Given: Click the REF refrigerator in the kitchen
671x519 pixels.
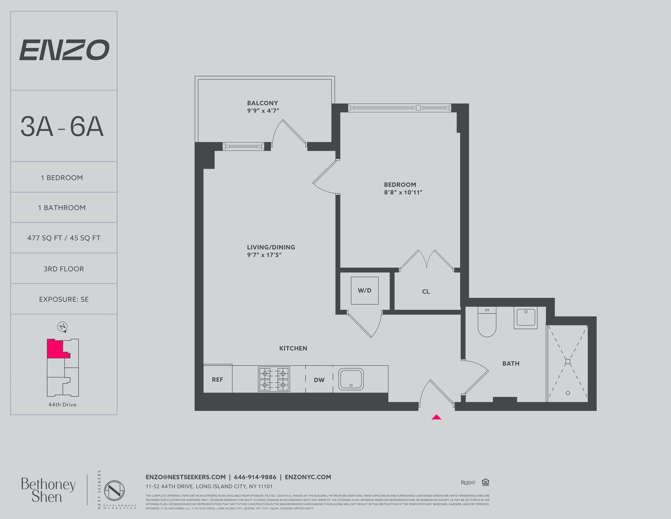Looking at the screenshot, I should point(218,379).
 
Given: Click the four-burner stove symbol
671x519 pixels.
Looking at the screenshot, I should point(274,379).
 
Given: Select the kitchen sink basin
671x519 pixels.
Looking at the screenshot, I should point(351,379).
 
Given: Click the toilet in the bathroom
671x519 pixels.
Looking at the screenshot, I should point(487,323).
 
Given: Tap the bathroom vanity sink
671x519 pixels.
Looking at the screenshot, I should point(526,318).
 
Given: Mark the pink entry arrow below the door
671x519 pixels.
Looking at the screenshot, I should point(436,417).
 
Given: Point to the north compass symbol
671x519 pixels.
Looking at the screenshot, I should point(63,327).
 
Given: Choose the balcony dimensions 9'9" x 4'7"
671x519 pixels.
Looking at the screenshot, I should point(263,111).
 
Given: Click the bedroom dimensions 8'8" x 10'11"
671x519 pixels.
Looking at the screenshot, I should point(403,192).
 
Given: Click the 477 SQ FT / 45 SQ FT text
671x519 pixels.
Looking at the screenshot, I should point(64,238).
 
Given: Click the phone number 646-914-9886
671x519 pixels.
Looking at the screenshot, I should point(255,477).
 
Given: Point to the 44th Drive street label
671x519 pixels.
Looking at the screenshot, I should point(62,405).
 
